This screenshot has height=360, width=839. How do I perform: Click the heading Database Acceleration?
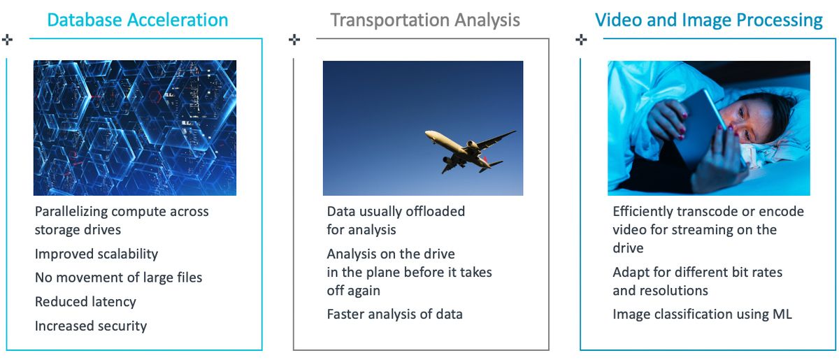[138, 20]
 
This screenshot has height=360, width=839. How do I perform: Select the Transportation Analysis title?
[425, 20]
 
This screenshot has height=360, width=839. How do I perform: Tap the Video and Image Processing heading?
[709, 20]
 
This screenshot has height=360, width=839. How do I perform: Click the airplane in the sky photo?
[471, 150]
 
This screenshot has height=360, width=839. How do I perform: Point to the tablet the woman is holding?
[701, 127]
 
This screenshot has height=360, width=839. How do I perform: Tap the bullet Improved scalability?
[96, 254]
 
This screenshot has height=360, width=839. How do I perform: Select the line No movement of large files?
[118, 278]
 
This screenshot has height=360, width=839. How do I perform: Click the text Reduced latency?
[85, 301]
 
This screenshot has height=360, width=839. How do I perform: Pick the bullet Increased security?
[91, 326]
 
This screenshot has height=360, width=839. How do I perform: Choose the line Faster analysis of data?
[394, 315]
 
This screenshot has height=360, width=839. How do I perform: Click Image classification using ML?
[702, 315]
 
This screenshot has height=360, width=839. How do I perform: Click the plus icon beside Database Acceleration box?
[7, 39]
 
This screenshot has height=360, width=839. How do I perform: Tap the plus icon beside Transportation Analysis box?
[294, 39]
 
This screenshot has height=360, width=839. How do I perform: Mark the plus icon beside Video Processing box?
[581, 39]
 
